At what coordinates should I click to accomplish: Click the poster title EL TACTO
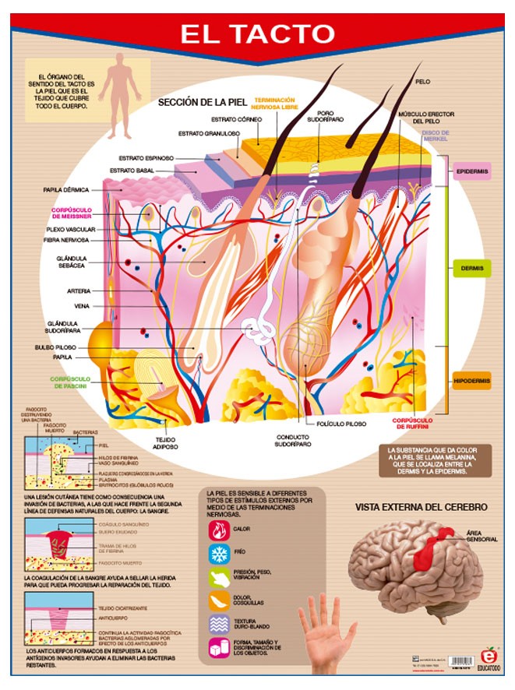[257, 34]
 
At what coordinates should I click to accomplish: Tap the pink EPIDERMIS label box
[473, 171]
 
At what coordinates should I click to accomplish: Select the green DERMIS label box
[472, 269]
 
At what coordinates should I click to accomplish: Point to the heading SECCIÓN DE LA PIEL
[202, 102]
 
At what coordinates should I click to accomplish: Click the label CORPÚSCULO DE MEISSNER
[73, 213]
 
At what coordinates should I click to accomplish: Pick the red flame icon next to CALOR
[217, 529]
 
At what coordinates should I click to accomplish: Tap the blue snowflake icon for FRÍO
[217, 553]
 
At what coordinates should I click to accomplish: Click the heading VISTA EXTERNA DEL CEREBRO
[422, 507]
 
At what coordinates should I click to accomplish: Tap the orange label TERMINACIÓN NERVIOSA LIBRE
[274, 104]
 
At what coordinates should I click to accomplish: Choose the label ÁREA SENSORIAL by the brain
[481, 537]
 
